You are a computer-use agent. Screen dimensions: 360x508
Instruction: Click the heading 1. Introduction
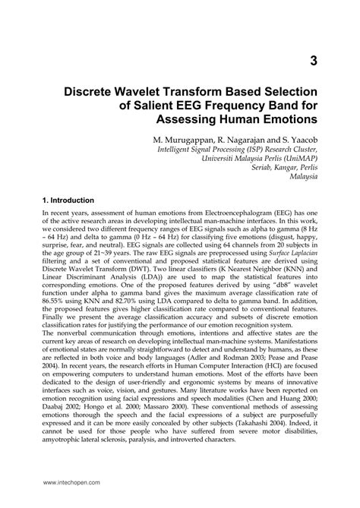pyautogui.click(x=72, y=200)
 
